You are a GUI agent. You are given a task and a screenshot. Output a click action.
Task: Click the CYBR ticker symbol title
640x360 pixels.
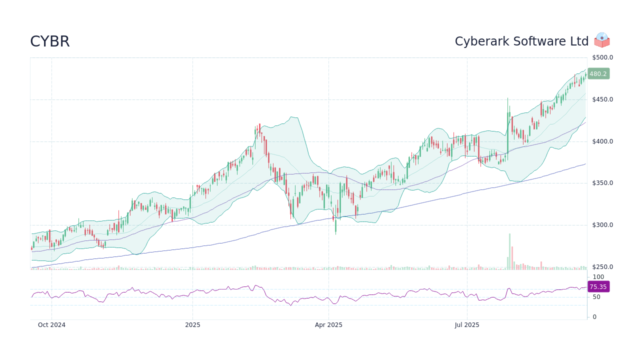coord(50,41)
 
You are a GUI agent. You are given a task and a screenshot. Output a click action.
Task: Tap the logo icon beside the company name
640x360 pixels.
coord(602,40)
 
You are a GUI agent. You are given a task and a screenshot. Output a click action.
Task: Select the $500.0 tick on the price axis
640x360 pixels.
coord(602,57)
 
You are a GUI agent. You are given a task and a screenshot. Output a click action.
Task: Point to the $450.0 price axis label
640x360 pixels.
coord(602,99)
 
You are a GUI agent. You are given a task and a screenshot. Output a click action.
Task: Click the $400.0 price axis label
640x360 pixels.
coord(602,141)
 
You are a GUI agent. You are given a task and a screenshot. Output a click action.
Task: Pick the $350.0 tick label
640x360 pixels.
coord(602,183)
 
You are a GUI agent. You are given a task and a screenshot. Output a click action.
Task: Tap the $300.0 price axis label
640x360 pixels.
coord(602,225)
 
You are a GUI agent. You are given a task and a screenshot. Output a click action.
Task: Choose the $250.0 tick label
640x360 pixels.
coord(602,267)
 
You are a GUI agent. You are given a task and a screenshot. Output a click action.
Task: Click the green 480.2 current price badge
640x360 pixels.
coord(598,73)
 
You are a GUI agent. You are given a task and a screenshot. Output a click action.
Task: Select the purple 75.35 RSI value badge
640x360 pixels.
coord(598,287)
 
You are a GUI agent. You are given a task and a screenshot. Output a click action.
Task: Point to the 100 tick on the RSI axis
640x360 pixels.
coord(598,277)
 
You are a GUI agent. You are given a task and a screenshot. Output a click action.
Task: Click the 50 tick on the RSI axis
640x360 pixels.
coord(596,297)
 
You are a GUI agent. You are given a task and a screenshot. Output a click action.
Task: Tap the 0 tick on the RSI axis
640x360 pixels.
coord(594,317)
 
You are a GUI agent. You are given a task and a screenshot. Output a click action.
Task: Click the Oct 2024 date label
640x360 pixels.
coord(51,325)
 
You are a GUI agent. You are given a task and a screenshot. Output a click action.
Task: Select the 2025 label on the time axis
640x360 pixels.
coord(192,325)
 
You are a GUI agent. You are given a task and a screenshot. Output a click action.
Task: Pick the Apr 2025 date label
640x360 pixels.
coord(328,325)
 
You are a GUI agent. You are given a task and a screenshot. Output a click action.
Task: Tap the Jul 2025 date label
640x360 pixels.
coord(467,325)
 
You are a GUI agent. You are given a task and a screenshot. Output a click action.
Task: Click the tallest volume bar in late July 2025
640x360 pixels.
coord(509,251)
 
